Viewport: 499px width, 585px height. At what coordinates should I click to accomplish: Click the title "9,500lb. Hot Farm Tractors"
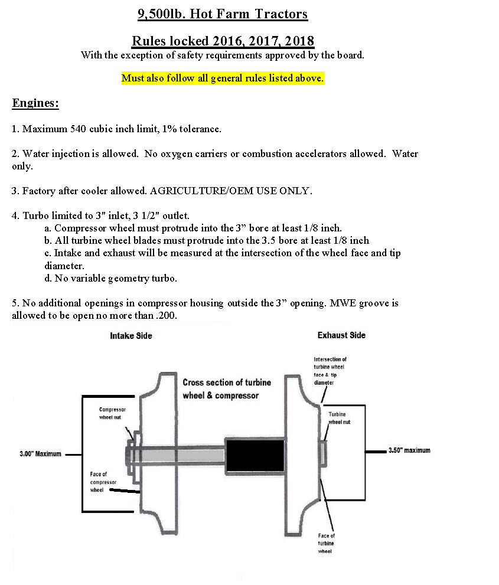(223, 14)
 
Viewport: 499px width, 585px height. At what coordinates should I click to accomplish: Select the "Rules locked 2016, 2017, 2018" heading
(223, 41)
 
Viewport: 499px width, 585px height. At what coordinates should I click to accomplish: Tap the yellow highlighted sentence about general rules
(223, 78)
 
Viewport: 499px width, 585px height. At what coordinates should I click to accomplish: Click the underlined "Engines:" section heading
(35, 103)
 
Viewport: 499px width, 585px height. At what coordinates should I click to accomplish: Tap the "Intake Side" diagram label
(131, 336)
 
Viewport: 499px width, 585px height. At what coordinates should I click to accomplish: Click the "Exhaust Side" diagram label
(341, 335)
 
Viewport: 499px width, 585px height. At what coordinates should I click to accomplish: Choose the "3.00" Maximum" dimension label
(40, 455)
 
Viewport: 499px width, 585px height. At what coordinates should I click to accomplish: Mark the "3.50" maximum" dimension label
(409, 450)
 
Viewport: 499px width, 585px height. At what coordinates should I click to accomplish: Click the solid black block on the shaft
(255, 455)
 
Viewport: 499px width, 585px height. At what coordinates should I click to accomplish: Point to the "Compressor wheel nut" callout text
(112, 413)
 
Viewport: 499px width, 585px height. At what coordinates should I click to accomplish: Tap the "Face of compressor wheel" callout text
(99, 482)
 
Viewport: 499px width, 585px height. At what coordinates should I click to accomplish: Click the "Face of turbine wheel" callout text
(327, 543)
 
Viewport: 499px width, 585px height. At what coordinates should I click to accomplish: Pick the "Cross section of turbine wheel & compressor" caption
(227, 388)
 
